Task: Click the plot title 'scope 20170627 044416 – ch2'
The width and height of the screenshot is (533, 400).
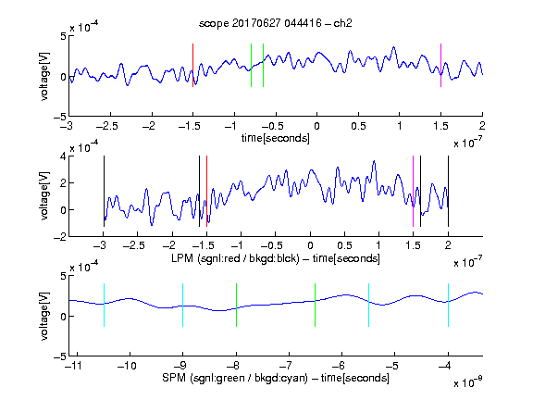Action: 276,23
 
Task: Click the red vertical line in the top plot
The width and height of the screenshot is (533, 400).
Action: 192,66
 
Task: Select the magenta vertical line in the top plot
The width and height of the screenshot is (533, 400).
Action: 440,66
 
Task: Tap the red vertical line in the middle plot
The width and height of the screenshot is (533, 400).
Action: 206,191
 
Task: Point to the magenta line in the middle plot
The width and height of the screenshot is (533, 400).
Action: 413,191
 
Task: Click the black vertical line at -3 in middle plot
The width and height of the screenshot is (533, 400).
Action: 104,191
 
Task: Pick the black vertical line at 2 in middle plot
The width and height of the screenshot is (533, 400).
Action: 448,191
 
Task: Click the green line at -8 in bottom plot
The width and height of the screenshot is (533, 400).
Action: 236,306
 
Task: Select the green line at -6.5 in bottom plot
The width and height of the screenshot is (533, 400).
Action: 316,306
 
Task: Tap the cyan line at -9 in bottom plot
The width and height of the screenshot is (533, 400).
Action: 183,306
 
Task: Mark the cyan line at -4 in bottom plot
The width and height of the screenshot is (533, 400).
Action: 448,306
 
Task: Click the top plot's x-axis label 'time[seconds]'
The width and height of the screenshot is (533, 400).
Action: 276,138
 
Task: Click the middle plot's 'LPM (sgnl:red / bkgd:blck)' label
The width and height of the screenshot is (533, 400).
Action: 235,258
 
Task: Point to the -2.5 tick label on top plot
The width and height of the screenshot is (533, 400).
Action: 107,126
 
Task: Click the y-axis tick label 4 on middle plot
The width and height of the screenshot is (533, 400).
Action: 63,156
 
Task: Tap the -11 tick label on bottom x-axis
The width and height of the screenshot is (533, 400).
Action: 72,366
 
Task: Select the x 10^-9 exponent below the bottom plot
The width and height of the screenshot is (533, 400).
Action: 467,381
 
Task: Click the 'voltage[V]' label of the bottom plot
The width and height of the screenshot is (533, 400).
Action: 44,316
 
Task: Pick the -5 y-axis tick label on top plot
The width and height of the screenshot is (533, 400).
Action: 60,117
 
